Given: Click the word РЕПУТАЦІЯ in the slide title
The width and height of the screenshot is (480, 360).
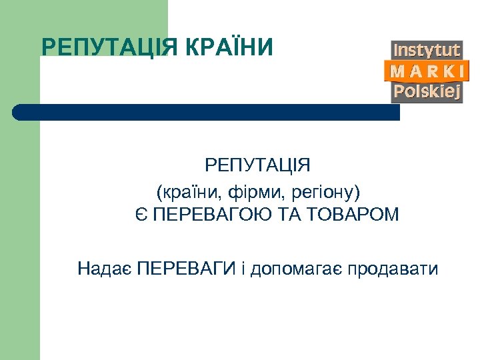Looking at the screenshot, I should coord(109,47).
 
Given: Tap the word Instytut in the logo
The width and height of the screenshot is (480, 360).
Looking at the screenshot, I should coord(427,50).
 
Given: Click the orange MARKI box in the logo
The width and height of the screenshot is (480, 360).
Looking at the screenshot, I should coord(427,71).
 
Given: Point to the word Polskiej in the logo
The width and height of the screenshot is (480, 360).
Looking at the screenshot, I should coord(427,91).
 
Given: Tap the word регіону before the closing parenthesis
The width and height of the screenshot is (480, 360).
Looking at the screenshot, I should coord(324,193).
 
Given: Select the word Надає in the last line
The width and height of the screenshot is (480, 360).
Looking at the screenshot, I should coord(104,269).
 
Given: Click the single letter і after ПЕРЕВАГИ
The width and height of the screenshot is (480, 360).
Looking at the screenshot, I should coord(244,269).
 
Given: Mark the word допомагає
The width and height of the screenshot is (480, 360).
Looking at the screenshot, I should coord(296,270).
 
